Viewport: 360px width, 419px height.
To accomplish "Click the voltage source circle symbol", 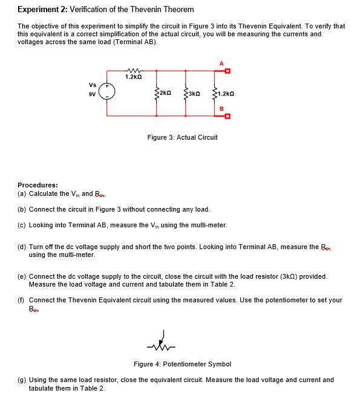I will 108,93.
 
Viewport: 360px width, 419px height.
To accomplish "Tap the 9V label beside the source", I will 93,94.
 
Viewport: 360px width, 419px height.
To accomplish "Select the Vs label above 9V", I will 92,85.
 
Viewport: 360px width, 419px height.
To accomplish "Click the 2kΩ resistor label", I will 165,94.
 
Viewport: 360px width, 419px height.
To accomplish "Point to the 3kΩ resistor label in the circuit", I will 194,94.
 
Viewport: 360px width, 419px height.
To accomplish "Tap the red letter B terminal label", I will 222,108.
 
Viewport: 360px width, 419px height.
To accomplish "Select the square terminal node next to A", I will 227,71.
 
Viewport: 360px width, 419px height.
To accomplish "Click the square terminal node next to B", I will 227,116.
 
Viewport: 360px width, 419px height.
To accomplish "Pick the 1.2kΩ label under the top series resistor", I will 133,77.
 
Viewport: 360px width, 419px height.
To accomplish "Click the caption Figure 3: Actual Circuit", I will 182,138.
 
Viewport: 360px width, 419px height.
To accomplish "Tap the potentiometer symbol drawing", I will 160,343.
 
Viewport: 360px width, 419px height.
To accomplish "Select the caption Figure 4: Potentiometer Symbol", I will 182,364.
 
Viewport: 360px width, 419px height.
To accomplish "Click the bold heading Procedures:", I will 38,185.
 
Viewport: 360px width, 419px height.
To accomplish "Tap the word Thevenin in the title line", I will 148,10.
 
